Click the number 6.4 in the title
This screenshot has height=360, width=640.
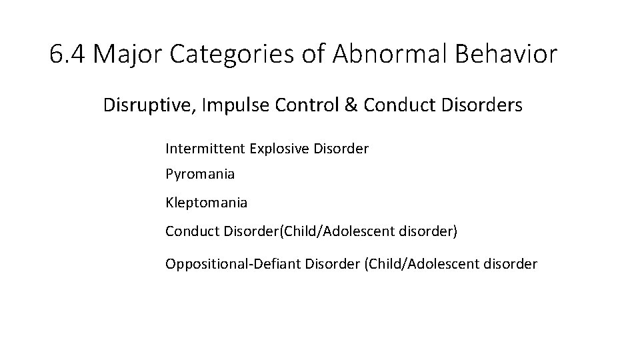click(68, 55)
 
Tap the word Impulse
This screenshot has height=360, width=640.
click(225, 106)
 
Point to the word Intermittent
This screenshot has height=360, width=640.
click(205, 148)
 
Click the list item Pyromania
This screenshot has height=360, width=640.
click(200, 175)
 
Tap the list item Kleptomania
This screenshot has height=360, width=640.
click(206, 201)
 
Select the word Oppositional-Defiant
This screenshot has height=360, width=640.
click(233, 263)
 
